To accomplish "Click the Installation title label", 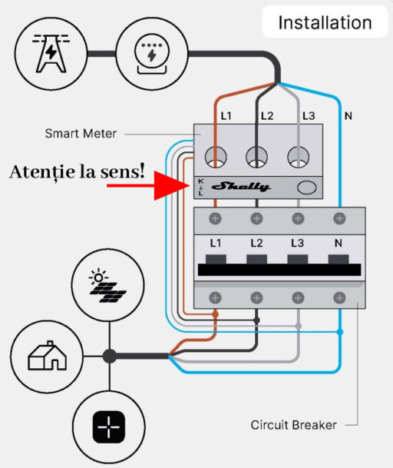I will tap(324, 23).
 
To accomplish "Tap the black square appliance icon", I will tap(109, 427).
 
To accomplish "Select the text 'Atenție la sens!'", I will tap(77, 171).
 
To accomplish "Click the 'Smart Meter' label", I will tap(81, 134).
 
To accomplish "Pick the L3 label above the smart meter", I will tap(308, 116).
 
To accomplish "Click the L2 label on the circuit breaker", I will tap(256, 243).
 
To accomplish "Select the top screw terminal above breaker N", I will tap(339, 219).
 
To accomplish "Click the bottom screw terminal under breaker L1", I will tap(215, 296).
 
